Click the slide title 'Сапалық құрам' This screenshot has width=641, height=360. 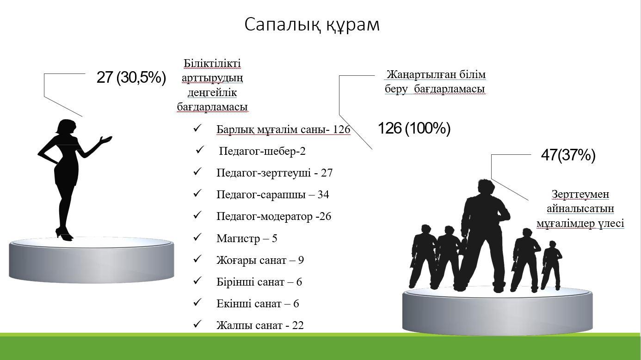point(312,25)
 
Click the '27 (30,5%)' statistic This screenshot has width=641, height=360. point(131,77)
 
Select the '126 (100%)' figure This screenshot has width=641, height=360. point(414,128)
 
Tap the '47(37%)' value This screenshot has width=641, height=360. point(568,155)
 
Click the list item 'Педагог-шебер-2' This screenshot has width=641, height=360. point(262,151)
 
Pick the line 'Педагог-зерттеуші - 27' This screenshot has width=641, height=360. point(274,173)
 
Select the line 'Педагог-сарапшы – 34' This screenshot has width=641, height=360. point(273,195)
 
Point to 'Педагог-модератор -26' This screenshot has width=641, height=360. point(274,216)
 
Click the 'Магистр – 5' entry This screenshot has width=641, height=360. point(247,238)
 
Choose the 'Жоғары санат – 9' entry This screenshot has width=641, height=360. point(260,260)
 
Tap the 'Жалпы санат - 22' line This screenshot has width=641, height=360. point(260,325)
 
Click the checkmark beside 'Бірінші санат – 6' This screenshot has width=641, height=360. point(197,281)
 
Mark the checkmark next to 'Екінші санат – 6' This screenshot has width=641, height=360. point(197,302)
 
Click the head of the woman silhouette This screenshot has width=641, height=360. point(66,127)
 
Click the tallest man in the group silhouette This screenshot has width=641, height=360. point(484,234)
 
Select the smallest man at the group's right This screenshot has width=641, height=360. point(551,265)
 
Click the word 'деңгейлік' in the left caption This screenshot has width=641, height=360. point(212,92)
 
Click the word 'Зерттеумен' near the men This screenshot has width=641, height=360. point(580,194)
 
